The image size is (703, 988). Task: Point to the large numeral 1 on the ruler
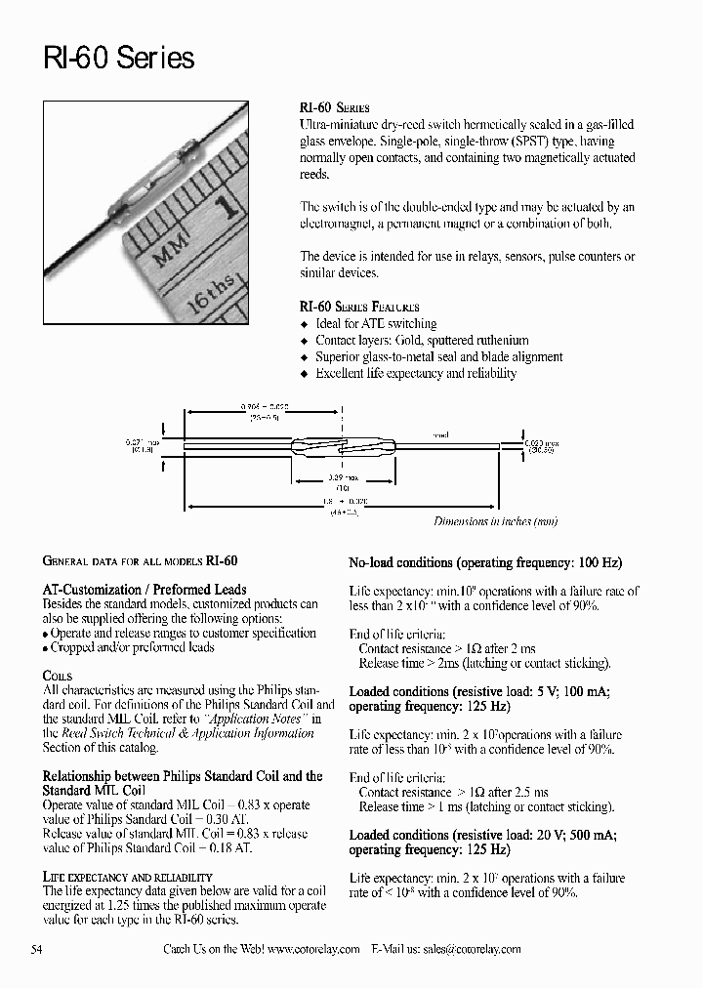pos(228,207)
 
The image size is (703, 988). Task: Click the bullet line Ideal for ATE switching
pos(376,324)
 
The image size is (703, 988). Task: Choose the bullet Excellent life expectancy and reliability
pos(416,374)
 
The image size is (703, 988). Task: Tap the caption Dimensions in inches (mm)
pos(495,521)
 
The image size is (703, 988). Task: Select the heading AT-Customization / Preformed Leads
pos(145,590)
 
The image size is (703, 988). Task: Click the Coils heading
pos(58,676)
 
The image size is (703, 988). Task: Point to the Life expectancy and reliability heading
pos(127,878)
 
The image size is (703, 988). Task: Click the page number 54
pos(37,949)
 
